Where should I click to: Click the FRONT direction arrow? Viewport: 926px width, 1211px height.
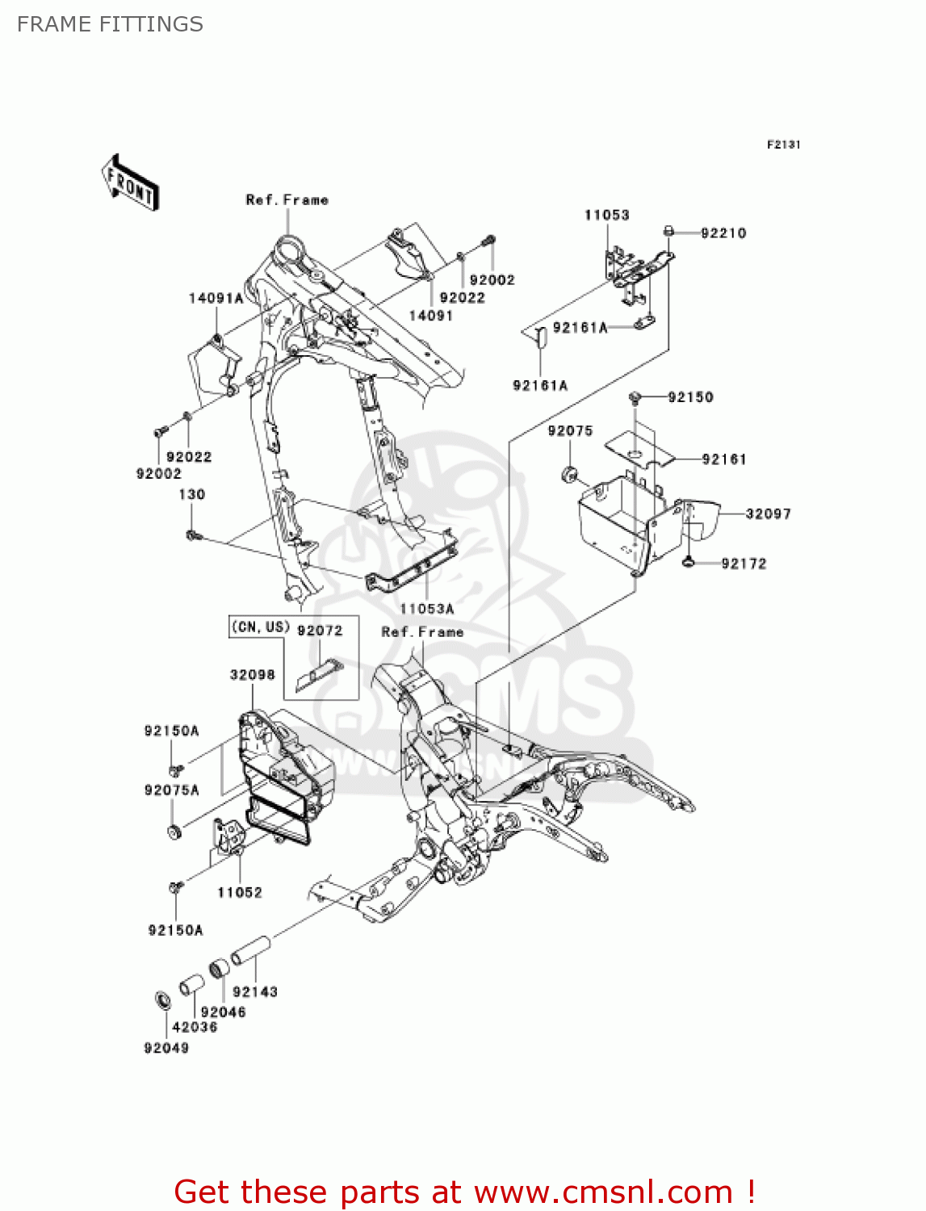tap(129, 183)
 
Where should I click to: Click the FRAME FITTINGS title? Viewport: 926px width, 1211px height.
tap(110, 24)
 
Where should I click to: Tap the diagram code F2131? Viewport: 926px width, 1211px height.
tap(783, 145)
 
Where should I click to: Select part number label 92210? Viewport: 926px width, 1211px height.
tap(723, 233)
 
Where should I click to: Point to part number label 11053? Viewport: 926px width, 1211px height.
tap(606, 215)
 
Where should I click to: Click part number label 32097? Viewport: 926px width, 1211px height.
tap(768, 513)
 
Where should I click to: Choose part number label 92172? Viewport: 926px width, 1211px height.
tap(744, 564)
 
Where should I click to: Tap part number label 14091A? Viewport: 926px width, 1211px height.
tap(216, 298)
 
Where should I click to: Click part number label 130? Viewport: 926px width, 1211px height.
tap(192, 494)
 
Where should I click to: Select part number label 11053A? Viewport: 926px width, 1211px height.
tap(427, 609)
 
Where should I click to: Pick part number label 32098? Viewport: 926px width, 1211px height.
tap(252, 674)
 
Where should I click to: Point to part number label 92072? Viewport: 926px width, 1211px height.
tap(320, 630)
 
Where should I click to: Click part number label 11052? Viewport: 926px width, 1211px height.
tap(240, 892)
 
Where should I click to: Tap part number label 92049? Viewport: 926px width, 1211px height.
tap(166, 1048)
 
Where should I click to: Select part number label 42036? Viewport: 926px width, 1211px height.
tap(195, 1027)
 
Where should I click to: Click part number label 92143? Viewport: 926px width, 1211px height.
tap(255, 991)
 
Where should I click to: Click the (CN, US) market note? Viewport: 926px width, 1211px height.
tap(260, 626)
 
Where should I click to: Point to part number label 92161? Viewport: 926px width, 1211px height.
tap(724, 459)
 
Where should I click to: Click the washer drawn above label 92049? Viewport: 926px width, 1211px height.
tap(162, 1001)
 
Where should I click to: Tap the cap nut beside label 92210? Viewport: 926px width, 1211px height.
tap(668, 232)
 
